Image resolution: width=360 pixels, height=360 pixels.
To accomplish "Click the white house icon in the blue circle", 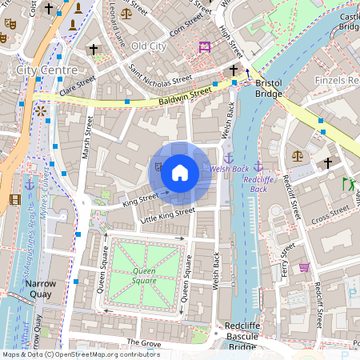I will point(180,172).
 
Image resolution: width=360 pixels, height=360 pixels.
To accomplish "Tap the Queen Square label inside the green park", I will point(145,276).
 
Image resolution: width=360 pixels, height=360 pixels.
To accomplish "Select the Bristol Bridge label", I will point(269,88).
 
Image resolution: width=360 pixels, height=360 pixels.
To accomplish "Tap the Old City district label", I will point(149,46).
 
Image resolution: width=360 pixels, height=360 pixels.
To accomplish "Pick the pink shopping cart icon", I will point(304,266).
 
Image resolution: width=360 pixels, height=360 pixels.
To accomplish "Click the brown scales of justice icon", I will point(298,155).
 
